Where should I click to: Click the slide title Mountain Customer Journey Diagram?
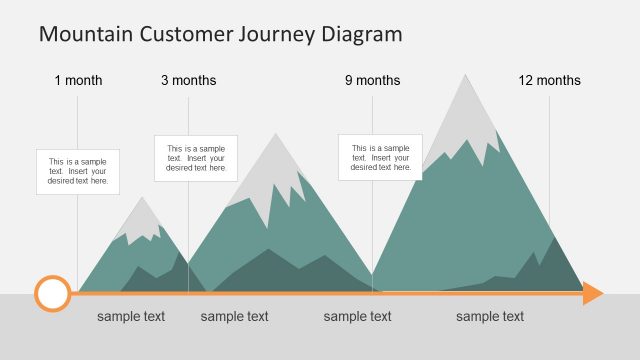(220, 34)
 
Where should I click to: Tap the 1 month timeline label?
(78, 80)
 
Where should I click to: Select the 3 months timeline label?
(188, 80)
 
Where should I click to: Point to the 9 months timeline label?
(372, 80)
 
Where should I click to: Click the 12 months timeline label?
(549, 80)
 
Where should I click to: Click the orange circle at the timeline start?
(52, 293)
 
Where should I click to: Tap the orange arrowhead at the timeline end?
(593, 293)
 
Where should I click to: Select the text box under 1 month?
(78, 172)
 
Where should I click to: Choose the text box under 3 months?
(196, 158)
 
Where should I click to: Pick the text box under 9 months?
(380, 157)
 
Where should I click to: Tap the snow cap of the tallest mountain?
(464, 115)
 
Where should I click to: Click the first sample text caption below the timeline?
(131, 317)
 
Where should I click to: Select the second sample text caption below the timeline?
(235, 317)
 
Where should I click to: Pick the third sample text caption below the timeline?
(357, 317)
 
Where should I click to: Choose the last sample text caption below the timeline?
(490, 317)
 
